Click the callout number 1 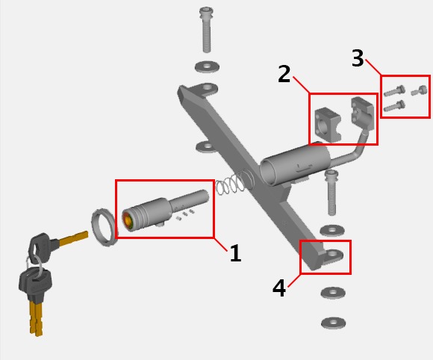(236, 252)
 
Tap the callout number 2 (284, 74)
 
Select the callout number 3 (358, 58)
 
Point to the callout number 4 (279, 288)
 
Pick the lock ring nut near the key (103, 227)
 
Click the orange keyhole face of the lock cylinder (128, 221)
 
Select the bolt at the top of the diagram (206, 30)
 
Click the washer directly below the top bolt (207, 66)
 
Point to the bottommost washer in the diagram (334, 323)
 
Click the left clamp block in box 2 (328, 125)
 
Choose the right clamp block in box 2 (363, 113)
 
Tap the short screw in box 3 (420, 90)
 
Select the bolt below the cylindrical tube (331, 192)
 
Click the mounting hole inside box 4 (332, 254)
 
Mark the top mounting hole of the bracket (207, 88)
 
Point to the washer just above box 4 (332, 230)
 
